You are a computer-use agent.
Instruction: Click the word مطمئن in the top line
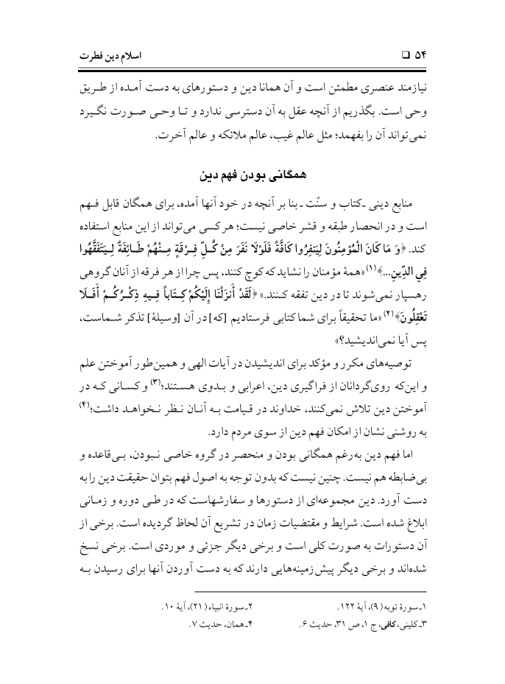click(357, 96)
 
